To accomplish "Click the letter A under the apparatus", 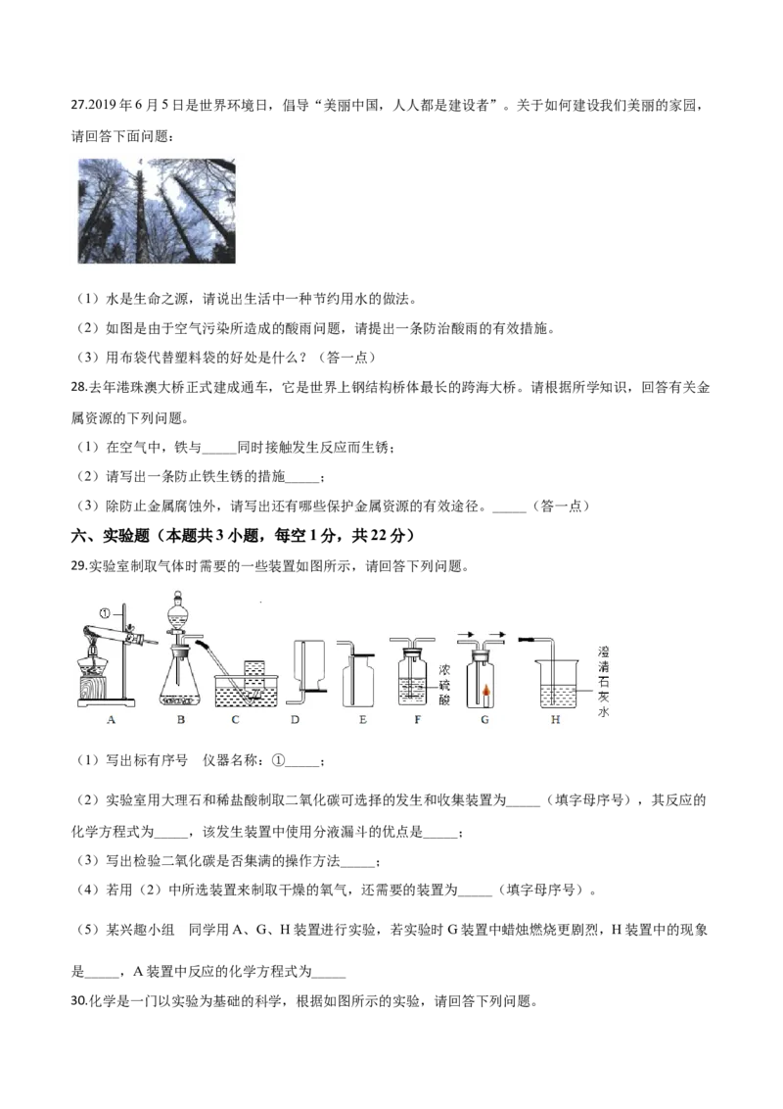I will point(112,720).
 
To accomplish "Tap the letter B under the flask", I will point(181,720).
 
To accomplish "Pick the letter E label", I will point(362,720).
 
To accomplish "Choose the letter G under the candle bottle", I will point(484,720).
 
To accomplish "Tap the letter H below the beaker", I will point(556,720).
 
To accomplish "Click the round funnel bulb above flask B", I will point(179,612).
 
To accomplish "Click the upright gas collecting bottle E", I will point(359,681).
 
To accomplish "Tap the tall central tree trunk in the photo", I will point(143,211).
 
